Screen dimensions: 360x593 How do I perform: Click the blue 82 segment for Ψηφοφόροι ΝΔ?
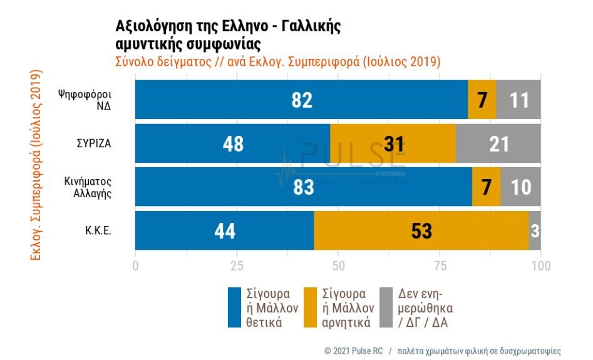[x=301, y=100]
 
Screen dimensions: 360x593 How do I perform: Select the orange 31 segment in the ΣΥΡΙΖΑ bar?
[x=393, y=143]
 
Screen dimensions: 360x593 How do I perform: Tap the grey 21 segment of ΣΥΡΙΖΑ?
[x=498, y=143]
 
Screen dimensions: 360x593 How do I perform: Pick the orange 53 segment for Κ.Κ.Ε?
[x=421, y=230]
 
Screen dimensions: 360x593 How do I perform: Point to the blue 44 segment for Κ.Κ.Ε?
[x=224, y=230]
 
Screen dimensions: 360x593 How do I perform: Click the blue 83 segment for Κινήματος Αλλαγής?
[x=303, y=187]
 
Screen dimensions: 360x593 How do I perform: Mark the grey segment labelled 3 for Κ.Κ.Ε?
[x=535, y=230]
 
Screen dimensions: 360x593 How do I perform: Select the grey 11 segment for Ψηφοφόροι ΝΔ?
[x=518, y=100]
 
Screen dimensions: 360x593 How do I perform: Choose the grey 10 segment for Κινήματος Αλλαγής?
[x=521, y=187]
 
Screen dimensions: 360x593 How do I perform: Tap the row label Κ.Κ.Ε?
[x=99, y=230]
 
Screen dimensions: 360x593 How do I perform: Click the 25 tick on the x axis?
[x=237, y=265]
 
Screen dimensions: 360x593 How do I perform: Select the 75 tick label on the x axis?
[x=440, y=265]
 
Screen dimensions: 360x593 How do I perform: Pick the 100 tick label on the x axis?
[x=541, y=265]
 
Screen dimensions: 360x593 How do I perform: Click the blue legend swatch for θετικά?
[x=234, y=307]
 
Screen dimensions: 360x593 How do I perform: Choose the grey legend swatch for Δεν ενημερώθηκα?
[x=386, y=307]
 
